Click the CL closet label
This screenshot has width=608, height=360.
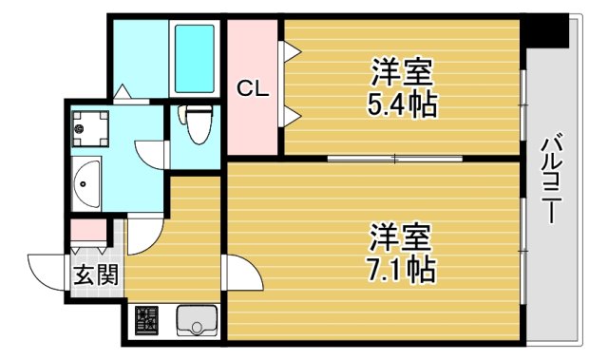(251, 90)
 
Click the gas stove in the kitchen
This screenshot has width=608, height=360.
(146, 322)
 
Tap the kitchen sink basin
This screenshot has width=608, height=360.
(198, 322)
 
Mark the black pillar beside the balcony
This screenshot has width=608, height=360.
(546, 29)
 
